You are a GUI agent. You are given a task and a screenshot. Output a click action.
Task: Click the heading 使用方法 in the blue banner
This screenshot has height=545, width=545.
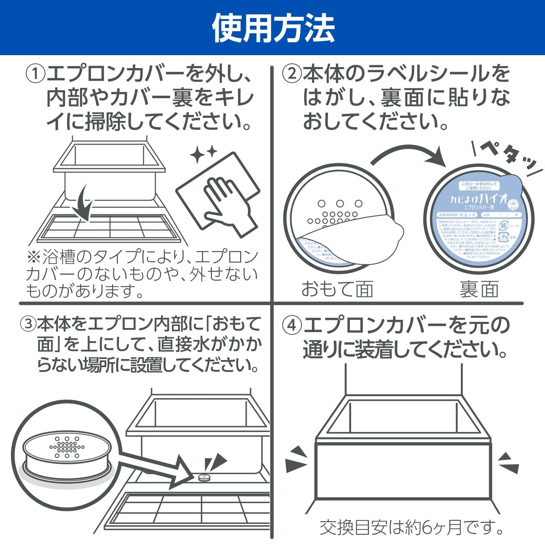(x=273, y=28)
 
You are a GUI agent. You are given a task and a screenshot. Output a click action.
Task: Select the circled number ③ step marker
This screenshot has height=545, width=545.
(x=28, y=324)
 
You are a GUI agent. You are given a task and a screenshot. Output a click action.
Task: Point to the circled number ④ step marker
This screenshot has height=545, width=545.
(x=292, y=326)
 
